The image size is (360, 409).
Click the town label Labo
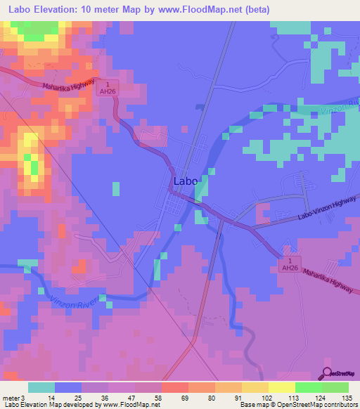click(186, 181)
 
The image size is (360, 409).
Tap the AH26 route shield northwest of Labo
click(107, 93)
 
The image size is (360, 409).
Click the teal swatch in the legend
click(41, 387)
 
